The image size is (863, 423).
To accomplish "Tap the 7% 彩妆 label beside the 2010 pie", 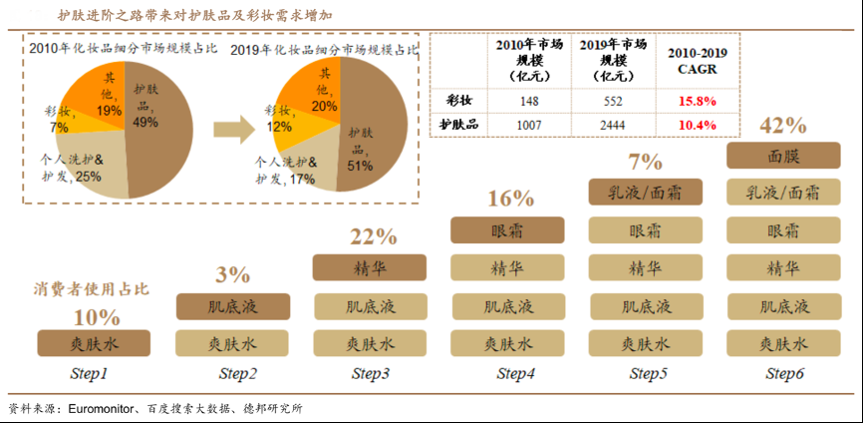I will [x=57, y=120].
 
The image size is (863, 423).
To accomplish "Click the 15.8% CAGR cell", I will [x=698, y=101].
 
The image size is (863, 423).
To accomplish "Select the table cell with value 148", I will [x=528, y=101].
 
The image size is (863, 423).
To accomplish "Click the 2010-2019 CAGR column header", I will [x=698, y=62].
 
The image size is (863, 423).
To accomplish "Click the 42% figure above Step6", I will [x=782, y=125].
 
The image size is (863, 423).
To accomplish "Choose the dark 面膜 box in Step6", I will [x=782, y=156].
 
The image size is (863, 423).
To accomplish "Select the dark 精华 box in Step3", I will [x=370, y=267].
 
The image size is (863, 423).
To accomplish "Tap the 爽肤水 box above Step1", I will [x=94, y=343].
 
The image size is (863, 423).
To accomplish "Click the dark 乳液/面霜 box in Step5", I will [x=645, y=193].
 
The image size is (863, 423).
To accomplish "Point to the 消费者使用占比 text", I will [x=87, y=290].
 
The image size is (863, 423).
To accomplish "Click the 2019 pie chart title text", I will [x=325, y=48].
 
